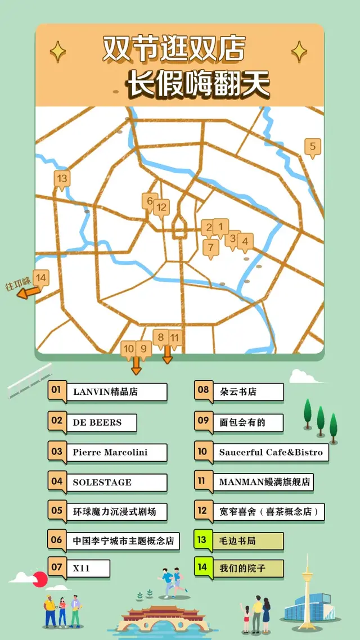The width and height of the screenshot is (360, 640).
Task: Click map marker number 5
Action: [x=313, y=147]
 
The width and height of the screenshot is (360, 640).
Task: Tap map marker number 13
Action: [x=62, y=179]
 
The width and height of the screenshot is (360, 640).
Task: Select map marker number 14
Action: [x=40, y=278]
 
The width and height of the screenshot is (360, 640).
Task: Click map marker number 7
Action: [x=211, y=247]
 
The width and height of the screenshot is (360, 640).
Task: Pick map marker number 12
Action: [x=161, y=208]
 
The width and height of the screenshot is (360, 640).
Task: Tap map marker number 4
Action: [x=244, y=242]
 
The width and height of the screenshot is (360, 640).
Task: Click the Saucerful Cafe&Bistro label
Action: [x=271, y=452]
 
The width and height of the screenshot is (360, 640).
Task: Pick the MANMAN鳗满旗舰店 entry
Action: [x=264, y=482]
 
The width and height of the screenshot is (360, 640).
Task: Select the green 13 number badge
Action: [x=202, y=540]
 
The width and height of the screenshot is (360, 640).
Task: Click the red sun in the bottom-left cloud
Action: [x=39, y=579]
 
